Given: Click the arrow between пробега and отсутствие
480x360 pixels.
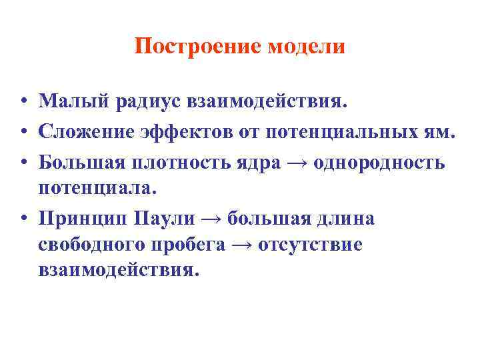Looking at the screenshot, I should click(x=241, y=245).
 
